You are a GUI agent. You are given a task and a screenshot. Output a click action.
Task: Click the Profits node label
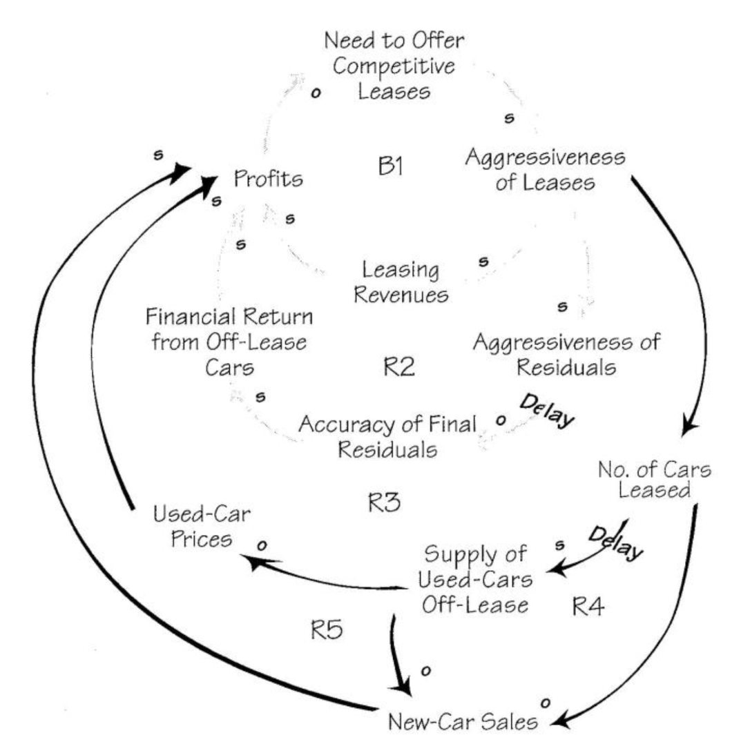click(269, 179)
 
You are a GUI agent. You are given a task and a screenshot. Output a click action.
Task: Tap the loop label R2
click(399, 366)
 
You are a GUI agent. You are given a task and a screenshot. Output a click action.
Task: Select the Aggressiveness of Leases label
click(545, 170)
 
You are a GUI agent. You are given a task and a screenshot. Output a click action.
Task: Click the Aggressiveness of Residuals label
click(567, 354)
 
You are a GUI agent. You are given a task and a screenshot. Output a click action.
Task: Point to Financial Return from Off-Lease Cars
click(229, 342)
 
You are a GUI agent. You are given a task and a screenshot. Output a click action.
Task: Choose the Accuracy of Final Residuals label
click(387, 437)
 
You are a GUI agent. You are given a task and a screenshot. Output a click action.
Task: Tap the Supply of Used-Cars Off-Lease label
click(476, 579)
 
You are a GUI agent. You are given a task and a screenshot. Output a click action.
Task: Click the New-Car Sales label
click(462, 723)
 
